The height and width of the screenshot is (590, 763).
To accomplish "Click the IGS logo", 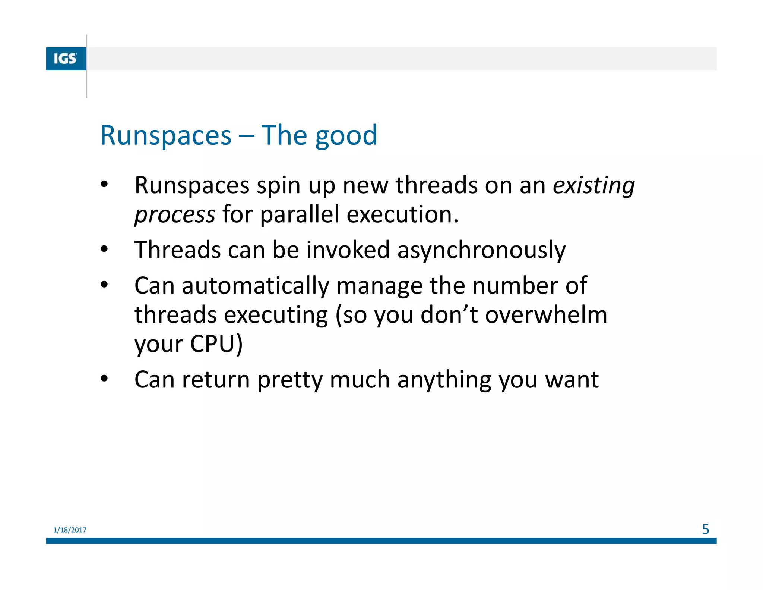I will (x=66, y=59).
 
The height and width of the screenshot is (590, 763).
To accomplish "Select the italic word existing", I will (x=594, y=185).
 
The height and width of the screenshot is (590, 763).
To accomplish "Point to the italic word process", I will (x=175, y=215).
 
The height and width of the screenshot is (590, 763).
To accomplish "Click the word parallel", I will (x=300, y=214).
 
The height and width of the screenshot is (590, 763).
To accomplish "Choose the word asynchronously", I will (x=481, y=250).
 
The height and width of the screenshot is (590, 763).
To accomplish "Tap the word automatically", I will (x=255, y=286).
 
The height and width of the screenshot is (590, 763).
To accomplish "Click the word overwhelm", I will (x=546, y=315).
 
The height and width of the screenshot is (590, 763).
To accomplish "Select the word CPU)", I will (x=216, y=343).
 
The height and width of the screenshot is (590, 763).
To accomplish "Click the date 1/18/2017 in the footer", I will (x=70, y=530).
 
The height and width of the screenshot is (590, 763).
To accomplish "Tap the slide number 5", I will (x=705, y=529).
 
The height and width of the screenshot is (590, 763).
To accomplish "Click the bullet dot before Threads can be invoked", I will (x=104, y=249).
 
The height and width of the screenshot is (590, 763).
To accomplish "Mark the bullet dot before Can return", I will (x=104, y=379).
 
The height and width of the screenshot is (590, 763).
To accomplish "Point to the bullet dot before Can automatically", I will (x=104, y=285).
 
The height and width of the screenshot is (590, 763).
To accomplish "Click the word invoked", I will (x=348, y=250).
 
